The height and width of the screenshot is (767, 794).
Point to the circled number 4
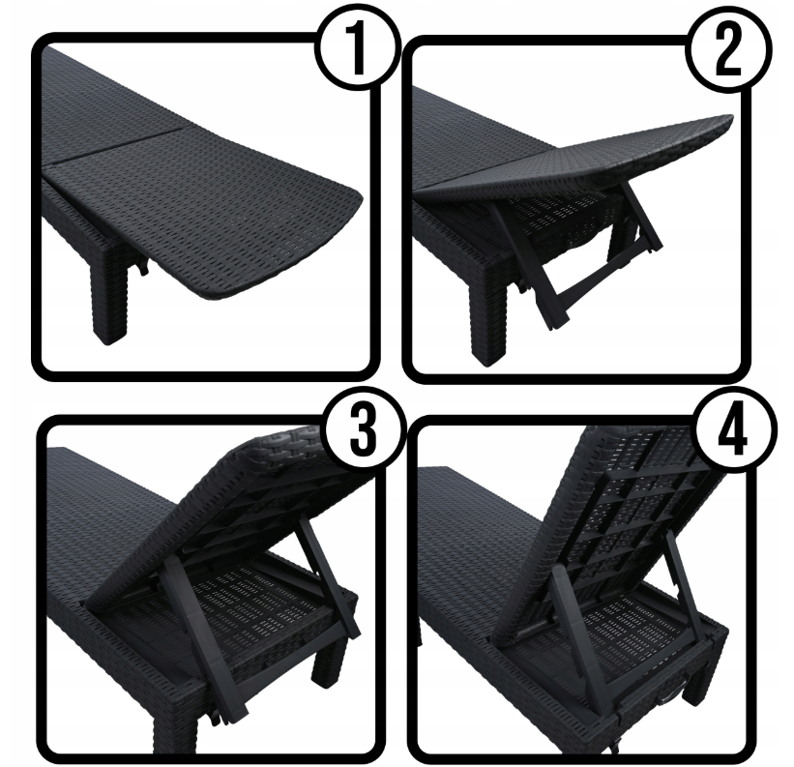[735, 430]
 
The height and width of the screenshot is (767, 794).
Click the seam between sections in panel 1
[114, 147]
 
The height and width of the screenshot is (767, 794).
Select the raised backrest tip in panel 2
[725, 121]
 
